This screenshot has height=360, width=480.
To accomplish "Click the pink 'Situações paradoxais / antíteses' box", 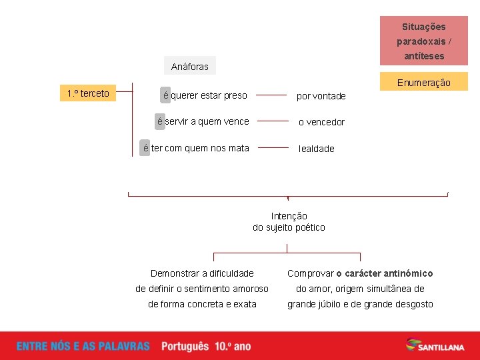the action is [423, 41].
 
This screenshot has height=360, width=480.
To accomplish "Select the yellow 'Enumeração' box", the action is [423, 83].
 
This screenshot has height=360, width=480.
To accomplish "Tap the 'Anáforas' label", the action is [189, 66].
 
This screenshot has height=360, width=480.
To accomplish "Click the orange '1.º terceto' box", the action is [88, 93].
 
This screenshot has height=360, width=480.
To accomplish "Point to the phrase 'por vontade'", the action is [321, 96].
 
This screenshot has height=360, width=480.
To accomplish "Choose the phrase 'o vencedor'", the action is [321, 122].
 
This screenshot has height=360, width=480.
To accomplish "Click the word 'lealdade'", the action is [317, 149].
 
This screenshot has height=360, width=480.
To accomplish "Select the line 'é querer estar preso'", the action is [205, 95].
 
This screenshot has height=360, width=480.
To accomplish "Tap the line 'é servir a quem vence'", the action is [203, 121].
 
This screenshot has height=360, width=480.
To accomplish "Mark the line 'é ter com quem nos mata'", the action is [196, 148].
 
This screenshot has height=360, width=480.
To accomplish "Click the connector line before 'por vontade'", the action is [271, 95].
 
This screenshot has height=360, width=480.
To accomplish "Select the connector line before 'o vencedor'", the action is [273, 121].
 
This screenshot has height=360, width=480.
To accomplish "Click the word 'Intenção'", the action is [289, 216].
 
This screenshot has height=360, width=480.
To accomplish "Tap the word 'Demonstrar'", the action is [175, 273].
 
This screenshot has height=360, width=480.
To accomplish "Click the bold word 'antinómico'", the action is [409, 273].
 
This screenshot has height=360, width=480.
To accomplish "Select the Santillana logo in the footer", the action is [436, 345].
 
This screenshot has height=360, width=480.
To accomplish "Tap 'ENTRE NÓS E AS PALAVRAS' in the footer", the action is [83, 346].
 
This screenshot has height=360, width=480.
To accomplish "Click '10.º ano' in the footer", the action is [233, 346].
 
